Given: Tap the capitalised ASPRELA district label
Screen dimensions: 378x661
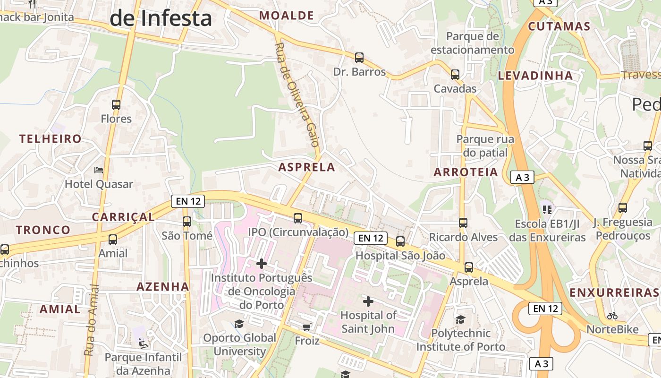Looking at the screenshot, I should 306,167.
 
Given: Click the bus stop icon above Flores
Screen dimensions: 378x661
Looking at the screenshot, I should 116,104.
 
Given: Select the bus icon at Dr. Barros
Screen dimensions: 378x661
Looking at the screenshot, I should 359,58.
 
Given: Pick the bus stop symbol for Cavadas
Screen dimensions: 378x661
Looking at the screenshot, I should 455,74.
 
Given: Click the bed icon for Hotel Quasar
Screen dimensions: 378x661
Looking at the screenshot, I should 99,170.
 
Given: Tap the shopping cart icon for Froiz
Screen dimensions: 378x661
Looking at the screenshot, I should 307,327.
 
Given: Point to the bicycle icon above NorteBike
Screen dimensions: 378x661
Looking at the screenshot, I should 612,315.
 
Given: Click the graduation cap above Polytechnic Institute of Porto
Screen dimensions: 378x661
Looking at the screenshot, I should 460,319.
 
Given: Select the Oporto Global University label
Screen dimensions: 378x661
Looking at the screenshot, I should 240,344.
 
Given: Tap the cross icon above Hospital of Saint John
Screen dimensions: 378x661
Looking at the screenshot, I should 368,301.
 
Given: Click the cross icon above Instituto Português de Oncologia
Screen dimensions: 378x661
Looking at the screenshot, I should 262,263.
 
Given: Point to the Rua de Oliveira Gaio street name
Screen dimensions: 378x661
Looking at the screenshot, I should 297,94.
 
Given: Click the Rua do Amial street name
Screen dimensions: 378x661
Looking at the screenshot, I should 91,320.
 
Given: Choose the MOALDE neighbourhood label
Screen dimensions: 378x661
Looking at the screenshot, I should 287,16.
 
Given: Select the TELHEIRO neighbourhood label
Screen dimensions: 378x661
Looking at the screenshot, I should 51,139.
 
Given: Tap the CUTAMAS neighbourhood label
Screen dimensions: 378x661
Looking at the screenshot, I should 559,26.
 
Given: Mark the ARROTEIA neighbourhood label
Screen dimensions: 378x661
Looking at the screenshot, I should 466,172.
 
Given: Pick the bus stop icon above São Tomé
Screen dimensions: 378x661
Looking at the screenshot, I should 187,221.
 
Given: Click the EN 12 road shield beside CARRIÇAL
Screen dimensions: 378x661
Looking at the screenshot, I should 188,201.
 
